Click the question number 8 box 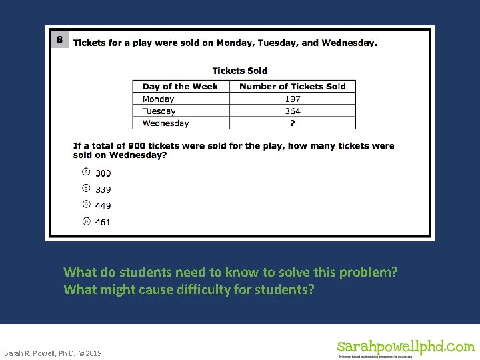pyautogui.click(x=59, y=39)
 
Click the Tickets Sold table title pyautogui.click(x=240, y=71)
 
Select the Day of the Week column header pyautogui.click(x=180, y=86)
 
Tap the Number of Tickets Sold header pyautogui.click(x=292, y=86)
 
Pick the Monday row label pyautogui.click(x=158, y=99)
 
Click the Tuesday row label pyautogui.click(x=159, y=111)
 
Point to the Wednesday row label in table pyautogui.click(x=165, y=123)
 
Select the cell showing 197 pyautogui.click(x=292, y=99)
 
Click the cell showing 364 pyautogui.click(x=292, y=111)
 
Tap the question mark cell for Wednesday pyautogui.click(x=292, y=123)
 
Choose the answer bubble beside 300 pyautogui.click(x=86, y=172)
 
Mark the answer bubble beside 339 pyautogui.click(x=86, y=189)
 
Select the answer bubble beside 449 pyautogui.click(x=86, y=205)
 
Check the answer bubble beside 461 pyautogui.click(x=86, y=221)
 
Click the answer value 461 pyautogui.click(x=103, y=222)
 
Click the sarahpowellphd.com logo pyautogui.click(x=405, y=347)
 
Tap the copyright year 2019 pyautogui.click(x=93, y=353)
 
